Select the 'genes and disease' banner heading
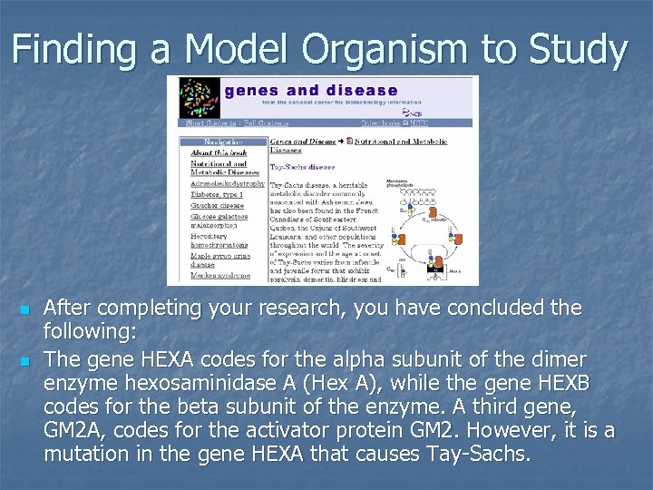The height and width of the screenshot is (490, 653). (x=310, y=91)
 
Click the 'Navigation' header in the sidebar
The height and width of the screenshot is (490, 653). (x=222, y=142)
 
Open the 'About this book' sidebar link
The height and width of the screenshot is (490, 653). (x=218, y=152)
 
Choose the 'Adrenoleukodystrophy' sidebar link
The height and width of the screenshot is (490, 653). (x=228, y=183)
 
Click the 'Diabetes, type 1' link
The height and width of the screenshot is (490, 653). (x=217, y=193)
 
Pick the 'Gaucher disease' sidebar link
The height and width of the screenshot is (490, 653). (x=217, y=204)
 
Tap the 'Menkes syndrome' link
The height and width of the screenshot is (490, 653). (x=219, y=275)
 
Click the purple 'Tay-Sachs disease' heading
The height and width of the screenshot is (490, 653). (x=302, y=167)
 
